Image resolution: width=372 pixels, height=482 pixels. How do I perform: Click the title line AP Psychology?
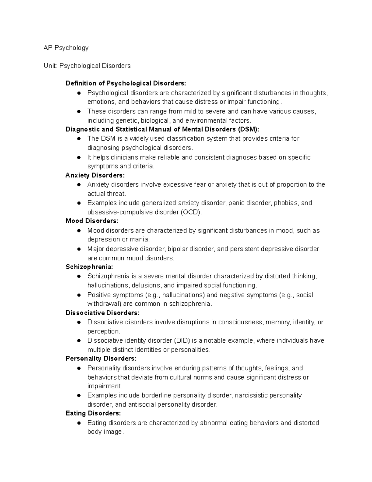pos(66,48)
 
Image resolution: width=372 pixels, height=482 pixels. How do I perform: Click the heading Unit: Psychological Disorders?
pos(87,66)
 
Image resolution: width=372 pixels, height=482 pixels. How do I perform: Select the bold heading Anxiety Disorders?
pos(95,175)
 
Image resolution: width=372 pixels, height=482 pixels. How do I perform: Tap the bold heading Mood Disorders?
pos(92,221)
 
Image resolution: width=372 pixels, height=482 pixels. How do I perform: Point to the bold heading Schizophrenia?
pos(89,267)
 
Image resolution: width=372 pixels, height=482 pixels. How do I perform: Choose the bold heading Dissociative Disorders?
pos(103,313)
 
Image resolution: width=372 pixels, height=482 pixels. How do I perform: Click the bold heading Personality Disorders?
pos(101,358)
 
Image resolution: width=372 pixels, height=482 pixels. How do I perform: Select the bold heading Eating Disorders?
pos(93,413)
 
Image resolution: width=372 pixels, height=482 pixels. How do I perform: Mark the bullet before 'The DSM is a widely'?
pos(79,139)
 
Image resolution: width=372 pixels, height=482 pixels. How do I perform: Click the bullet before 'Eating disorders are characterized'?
pos(79,423)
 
